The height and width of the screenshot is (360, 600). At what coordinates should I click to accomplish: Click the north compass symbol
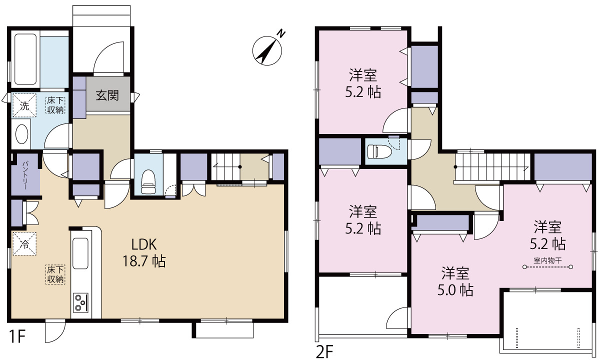pos(267,50)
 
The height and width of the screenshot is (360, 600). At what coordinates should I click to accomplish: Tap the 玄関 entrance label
pos(107,95)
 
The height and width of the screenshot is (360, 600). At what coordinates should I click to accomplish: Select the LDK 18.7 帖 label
pos(144,252)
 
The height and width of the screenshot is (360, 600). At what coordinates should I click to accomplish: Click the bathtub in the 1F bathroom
pos(25,59)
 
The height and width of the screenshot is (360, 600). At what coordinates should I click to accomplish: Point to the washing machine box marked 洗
pos(24,105)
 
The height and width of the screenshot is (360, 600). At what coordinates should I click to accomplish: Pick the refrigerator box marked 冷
pos(24,244)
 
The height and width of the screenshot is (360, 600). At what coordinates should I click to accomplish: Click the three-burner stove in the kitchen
pos(80,302)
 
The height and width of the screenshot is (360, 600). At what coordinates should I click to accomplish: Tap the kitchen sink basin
pos(80,253)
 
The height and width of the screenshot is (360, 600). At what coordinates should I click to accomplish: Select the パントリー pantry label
pos(25,175)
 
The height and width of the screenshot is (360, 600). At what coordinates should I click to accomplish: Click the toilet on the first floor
pos(148,182)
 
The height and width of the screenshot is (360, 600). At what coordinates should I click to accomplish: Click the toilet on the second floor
pos(379,151)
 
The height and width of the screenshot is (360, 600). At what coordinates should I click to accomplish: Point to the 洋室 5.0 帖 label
pos(455,281)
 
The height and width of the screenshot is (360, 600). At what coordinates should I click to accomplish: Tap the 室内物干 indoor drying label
pos(547,260)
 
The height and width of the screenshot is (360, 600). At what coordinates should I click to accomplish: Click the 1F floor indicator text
pos(16,336)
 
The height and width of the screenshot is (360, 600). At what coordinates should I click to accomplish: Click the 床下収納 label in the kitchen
pos(55,274)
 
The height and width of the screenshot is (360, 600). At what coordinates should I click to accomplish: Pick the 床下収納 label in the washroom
pos(55,105)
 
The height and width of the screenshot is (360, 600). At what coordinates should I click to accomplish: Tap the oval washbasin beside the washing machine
pos(21,134)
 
